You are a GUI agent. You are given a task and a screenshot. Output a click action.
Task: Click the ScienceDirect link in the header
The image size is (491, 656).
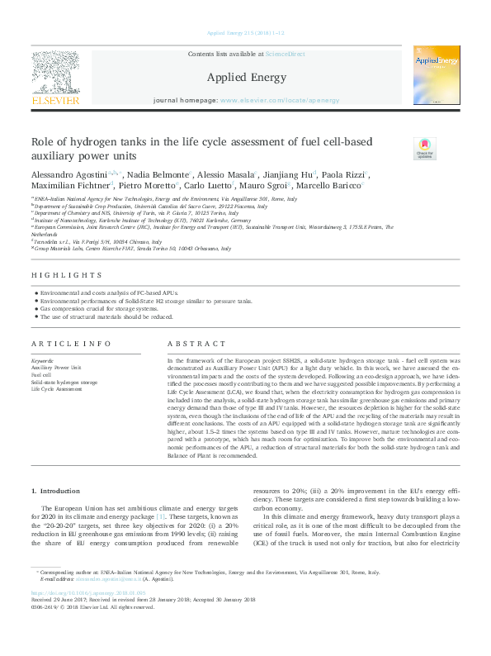(285, 54)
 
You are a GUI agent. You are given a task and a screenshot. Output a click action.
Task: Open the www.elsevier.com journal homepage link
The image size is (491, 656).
(280, 100)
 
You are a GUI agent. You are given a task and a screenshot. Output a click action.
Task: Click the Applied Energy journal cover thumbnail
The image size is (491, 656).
(437, 76)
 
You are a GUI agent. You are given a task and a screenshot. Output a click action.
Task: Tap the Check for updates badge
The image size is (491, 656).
(423, 148)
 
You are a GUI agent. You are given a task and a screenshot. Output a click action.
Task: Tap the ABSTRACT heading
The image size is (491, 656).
(196, 344)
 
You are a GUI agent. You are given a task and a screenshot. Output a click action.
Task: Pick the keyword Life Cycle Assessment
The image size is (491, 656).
(57, 389)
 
